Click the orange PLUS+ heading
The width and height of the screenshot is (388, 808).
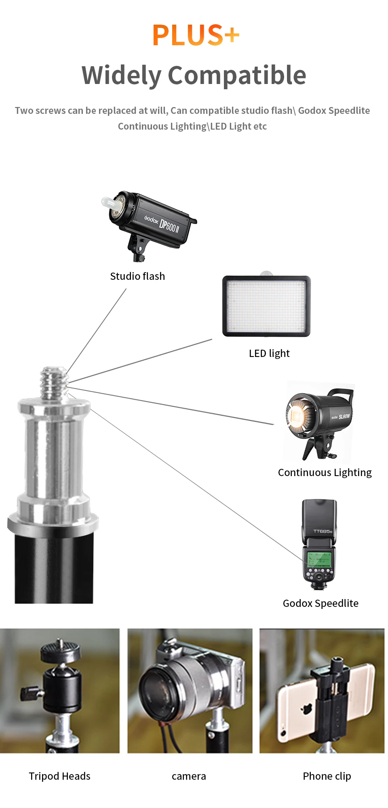click(196, 35)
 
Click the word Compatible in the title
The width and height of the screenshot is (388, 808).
click(237, 76)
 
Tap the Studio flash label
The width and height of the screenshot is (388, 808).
click(137, 276)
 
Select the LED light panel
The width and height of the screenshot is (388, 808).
click(266, 306)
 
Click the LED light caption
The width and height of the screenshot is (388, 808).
click(269, 353)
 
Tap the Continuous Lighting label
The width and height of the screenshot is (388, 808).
click(325, 472)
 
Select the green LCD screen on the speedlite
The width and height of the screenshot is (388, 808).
click(319, 560)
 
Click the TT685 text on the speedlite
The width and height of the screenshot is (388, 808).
click(323, 531)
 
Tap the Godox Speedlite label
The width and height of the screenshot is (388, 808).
click(321, 603)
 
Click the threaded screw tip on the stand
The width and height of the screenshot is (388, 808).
click(54, 380)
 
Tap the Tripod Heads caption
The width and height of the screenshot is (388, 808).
click(59, 776)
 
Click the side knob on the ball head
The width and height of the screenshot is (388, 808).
click(30, 693)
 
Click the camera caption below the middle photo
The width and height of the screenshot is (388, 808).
click(189, 776)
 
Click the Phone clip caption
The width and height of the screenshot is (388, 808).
click(327, 776)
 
